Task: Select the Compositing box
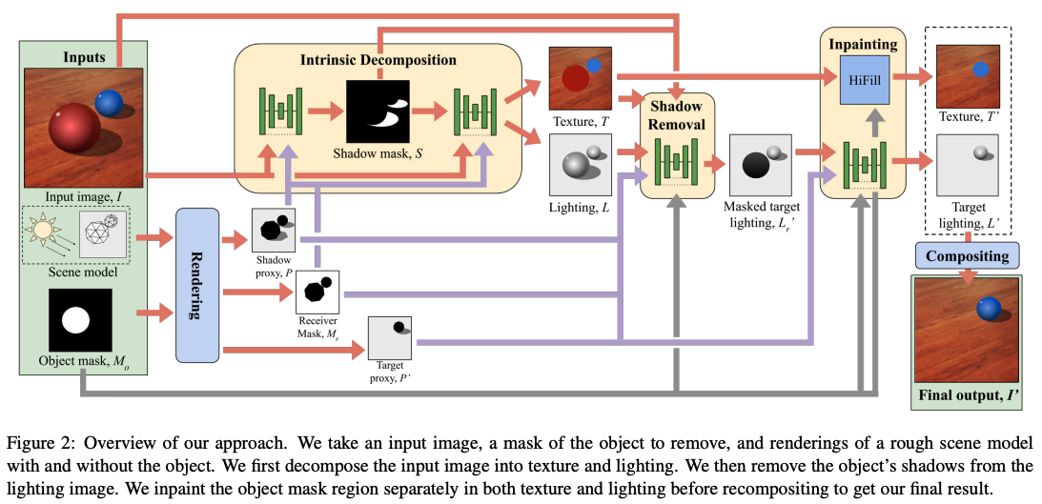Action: pyautogui.click(x=968, y=255)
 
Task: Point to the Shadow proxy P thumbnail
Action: pyautogui.click(x=275, y=230)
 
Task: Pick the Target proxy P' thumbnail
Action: pyautogui.click(x=390, y=337)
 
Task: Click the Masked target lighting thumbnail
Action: pyautogui.click(x=761, y=164)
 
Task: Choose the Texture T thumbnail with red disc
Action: pyautogui.click(x=581, y=78)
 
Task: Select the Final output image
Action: pyautogui.click(x=968, y=330)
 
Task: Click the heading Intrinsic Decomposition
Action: pyautogui.click(x=378, y=59)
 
